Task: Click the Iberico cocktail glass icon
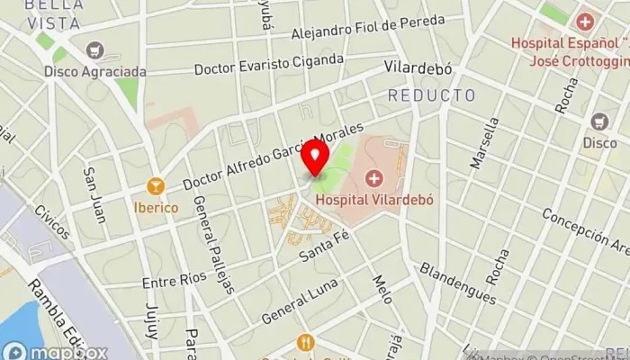pyautogui.click(x=156, y=186)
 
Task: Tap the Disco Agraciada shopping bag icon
pyautogui.click(x=94, y=50)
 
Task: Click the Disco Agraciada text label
pyautogui.click(x=94, y=70)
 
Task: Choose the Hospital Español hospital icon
pyautogui.click(x=586, y=21)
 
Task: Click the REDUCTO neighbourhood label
pyautogui.click(x=431, y=95)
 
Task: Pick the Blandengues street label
pyautogui.click(x=457, y=284)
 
